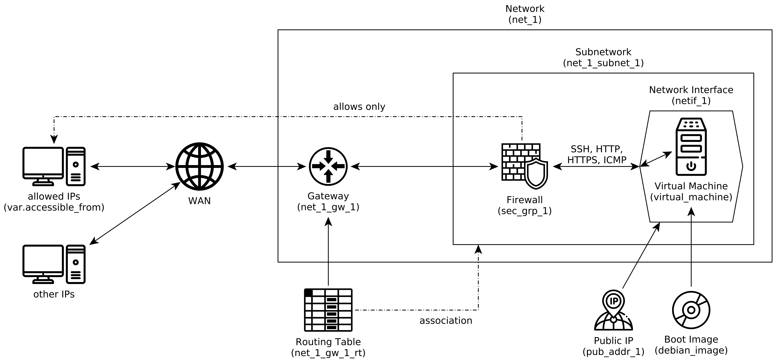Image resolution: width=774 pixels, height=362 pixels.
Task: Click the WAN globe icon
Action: (199, 166)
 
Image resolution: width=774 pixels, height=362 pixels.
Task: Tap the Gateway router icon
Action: (328, 166)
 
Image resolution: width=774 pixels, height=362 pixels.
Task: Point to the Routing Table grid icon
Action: (328, 310)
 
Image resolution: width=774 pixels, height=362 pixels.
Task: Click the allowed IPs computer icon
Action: (54, 166)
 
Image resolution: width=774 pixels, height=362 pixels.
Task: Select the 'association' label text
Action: (446, 321)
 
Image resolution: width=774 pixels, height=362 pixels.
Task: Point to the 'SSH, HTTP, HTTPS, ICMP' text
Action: (597, 154)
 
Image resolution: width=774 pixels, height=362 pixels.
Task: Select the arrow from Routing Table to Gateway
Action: (328, 252)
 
